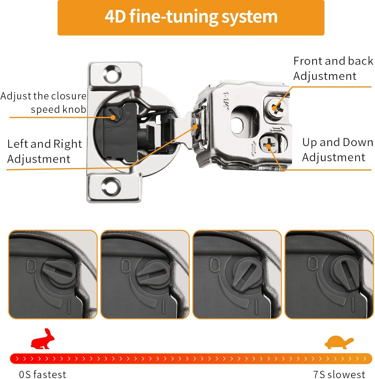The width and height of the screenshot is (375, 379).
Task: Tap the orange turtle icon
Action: pyautogui.click(x=339, y=342)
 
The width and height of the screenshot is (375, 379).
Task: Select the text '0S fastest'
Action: pyautogui.click(x=42, y=374)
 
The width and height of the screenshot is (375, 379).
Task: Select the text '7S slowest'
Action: pyautogui.click(x=339, y=374)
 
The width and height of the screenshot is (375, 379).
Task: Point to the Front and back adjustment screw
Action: pyautogui.click(x=276, y=108)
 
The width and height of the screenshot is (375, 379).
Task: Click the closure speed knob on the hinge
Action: pyautogui.click(x=112, y=114)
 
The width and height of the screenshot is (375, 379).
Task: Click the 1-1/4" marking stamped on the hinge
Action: pyautogui.click(x=225, y=100)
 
